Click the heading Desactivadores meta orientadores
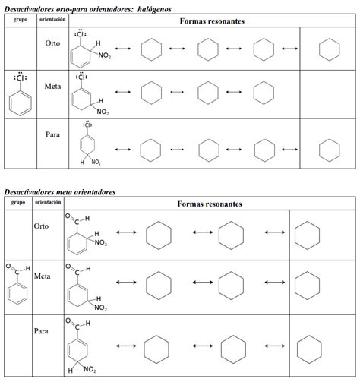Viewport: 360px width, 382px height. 60,192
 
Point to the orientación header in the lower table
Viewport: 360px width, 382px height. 48,204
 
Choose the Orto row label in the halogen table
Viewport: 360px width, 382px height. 53,43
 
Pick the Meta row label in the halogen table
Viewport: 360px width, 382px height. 53,87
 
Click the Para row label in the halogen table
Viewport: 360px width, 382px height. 52,134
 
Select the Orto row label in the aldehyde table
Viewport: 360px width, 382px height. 41,226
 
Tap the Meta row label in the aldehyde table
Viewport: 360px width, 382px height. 42,276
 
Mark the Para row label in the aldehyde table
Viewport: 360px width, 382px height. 41,331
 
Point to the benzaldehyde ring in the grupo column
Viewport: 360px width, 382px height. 18,292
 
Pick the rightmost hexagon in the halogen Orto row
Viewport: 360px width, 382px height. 328,50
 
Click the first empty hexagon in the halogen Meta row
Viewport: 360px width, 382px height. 151,93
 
